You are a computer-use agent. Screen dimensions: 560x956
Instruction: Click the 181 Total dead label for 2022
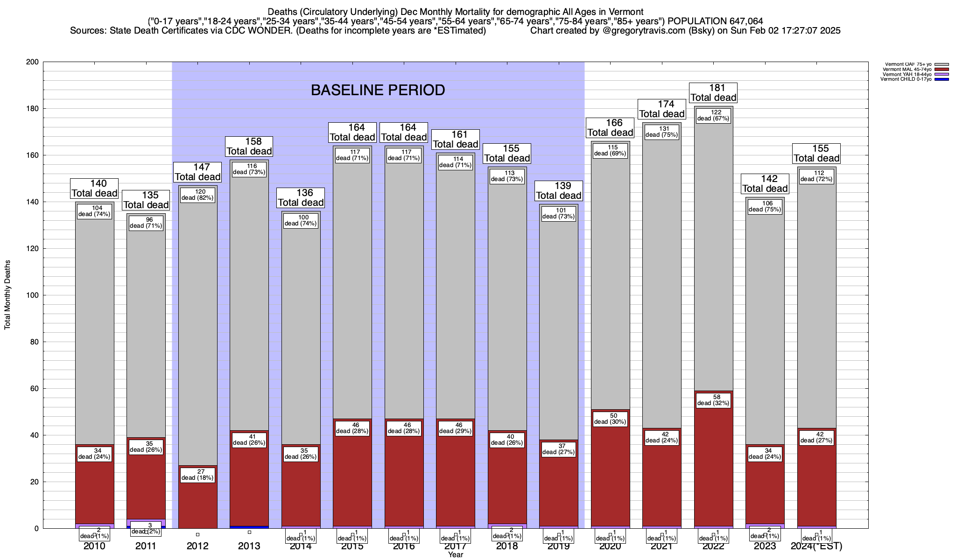click(713, 93)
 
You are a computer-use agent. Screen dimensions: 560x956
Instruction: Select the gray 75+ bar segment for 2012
click(198, 327)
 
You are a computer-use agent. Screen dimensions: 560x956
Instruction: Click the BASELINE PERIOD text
click(378, 90)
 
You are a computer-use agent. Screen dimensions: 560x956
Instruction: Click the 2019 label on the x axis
click(558, 546)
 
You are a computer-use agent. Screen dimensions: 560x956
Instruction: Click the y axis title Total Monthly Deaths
click(7, 295)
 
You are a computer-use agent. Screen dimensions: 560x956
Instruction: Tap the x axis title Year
click(455, 555)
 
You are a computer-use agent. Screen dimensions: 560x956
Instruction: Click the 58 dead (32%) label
click(713, 400)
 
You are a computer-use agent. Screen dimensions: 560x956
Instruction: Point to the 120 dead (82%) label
click(197, 195)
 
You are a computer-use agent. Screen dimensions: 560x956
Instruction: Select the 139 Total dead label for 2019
click(559, 191)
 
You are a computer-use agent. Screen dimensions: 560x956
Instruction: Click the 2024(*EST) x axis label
click(816, 546)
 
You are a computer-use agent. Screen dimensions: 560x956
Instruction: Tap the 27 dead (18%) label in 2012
click(197, 475)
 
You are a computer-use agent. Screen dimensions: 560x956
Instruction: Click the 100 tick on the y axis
click(33, 295)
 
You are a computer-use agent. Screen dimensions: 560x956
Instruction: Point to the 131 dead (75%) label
click(662, 132)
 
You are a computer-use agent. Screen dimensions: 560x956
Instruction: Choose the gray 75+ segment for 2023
click(765, 327)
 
